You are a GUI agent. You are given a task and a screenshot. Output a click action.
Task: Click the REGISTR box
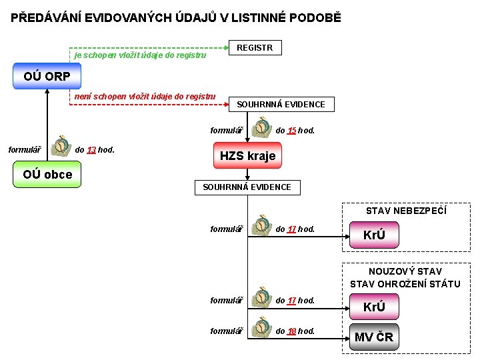tap(255, 48)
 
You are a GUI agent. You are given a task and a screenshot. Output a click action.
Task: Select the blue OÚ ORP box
tap(47, 76)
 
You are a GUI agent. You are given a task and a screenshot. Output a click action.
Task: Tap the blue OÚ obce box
tap(47, 175)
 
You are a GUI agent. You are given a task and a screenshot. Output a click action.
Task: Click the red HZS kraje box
tap(247, 156)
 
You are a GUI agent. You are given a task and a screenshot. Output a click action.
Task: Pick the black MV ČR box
tap(374, 337)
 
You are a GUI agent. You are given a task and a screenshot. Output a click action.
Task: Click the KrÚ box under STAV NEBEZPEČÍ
tap(374, 235)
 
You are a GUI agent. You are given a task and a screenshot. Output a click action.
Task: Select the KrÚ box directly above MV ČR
tap(374, 307)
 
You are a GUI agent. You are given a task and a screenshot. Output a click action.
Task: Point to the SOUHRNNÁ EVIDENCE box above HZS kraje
tap(281, 104)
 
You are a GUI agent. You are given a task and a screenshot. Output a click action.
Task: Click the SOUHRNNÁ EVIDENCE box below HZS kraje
tap(247, 187)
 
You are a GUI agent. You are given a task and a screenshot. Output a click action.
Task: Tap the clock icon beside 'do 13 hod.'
tap(61, 145)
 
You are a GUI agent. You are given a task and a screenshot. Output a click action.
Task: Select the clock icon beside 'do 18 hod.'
tap(261, 327)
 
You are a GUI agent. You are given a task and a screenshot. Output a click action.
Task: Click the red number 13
tap(91, 150)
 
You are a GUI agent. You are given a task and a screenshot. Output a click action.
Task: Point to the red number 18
tap(291, 331)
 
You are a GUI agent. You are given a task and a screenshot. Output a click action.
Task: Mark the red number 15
tap(291, 131)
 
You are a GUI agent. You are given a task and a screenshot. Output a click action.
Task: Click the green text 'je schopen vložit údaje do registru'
tap(140, 56)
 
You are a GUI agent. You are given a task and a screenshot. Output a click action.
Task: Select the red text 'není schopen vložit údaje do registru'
tap(145, 97)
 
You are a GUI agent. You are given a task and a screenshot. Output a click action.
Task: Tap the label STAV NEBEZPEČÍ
tap(406, 211)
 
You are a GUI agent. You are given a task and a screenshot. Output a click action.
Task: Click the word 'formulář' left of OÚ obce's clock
tap(24, 149)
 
